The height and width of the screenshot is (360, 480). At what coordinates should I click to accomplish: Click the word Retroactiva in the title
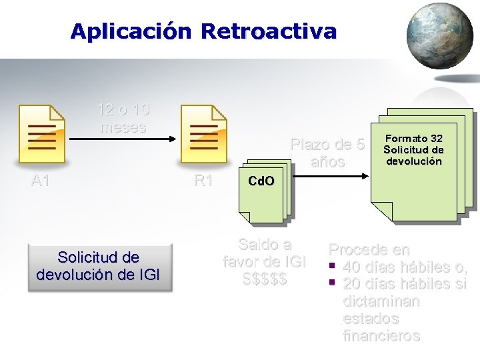[269, 31]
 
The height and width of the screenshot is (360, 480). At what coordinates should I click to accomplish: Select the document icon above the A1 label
[42, 133]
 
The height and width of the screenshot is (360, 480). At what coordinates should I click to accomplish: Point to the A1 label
[41, 180]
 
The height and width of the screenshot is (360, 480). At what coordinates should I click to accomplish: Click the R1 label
[203, 180]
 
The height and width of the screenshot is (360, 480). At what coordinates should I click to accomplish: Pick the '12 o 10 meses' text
[123, 118]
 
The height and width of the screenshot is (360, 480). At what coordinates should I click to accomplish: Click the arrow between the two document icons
[123, 139]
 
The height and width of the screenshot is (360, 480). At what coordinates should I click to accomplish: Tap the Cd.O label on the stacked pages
[261, 181]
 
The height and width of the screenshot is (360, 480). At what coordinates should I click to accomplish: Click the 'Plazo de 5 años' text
[327, 153]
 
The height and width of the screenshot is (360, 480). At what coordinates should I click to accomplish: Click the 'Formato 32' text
[413, 139]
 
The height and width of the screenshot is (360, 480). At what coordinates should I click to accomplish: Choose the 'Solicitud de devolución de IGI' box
[99, 265]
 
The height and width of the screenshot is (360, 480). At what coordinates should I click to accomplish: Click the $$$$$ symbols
[265, 279]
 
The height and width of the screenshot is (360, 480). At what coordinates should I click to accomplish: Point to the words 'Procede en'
[369, 250]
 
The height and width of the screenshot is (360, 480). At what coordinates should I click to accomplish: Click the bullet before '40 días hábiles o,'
[330, 267]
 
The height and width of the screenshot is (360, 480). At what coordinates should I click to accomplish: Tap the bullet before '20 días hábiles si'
[330, 285]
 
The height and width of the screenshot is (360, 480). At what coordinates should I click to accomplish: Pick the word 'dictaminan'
[381, 301]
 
